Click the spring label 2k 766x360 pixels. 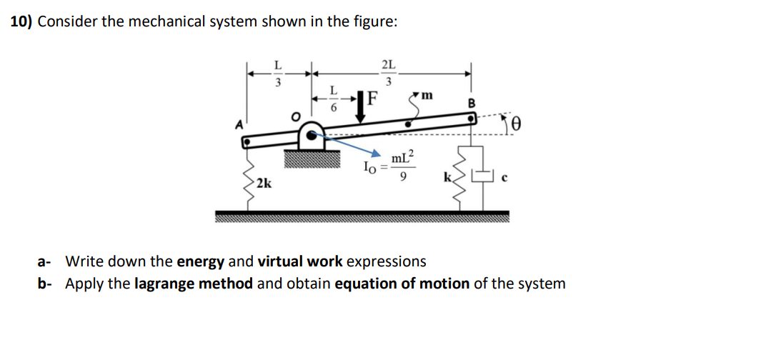(x=264, y=184)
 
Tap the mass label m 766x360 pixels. (x=427, y=95)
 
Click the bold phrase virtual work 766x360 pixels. (x=300, y=261)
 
